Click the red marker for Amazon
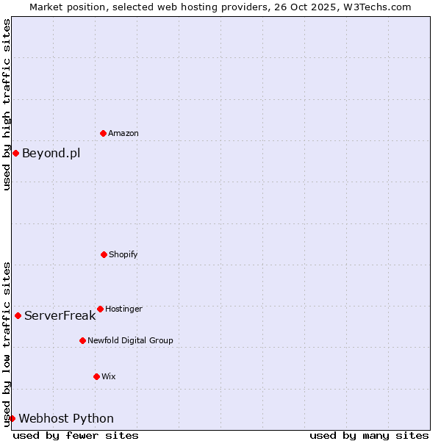tap(103, 133)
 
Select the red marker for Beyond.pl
tap(15, 153)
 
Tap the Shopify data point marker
tap(104, 254)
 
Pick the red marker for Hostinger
tap(100, 309)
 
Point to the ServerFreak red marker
tap(18, 315)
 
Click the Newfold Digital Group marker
tap(82, 340)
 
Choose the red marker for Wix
tap(96, 376)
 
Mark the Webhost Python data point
tap(12, 418)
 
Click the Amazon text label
tap(123, 133)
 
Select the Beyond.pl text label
tap(51, 153)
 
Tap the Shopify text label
tap(123, 254)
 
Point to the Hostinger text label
tap(123, 309)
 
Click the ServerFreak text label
tap(60, 315)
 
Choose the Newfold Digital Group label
tap(130, 340)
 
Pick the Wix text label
tap(109, 376)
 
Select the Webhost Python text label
tap(66, 418)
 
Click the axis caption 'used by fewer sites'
tap(76, 435)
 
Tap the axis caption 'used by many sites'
tap(369, 435)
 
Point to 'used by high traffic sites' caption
tap(7, 104)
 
